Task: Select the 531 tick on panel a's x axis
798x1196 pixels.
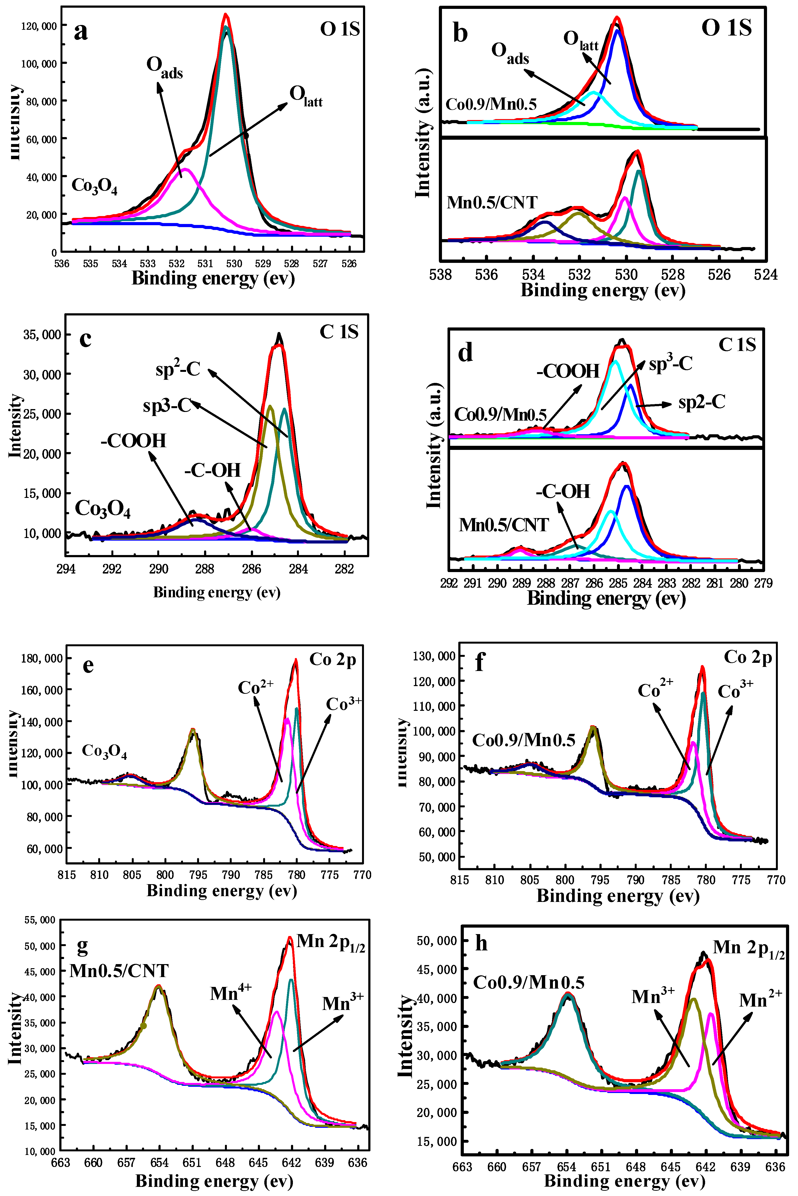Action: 205,264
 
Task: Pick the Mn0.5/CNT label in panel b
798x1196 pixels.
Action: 492,203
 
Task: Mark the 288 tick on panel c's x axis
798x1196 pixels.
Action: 205,569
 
